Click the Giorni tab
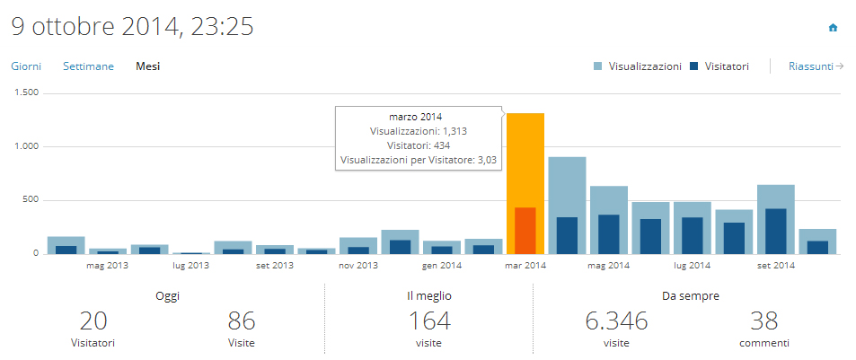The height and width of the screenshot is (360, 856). point(26,66)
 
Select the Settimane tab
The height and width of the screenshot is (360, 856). point(88,66)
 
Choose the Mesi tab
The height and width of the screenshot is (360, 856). point(147,66)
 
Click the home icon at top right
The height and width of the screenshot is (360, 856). point(833,28)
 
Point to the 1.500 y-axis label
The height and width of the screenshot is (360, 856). point(27,92)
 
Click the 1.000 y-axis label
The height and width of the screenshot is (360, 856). point(27,146)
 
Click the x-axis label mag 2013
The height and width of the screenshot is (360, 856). point(106,266)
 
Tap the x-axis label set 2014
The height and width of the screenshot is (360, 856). point(776,266)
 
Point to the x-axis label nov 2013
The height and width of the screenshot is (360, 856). point(357,266)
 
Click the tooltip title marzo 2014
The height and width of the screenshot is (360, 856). point(415,117)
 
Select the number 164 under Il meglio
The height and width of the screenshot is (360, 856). point(429,320)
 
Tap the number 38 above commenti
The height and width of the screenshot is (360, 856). point(763,320)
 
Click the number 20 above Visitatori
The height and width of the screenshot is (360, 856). point(93,320)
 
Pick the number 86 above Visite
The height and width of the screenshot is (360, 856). point(242,320)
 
